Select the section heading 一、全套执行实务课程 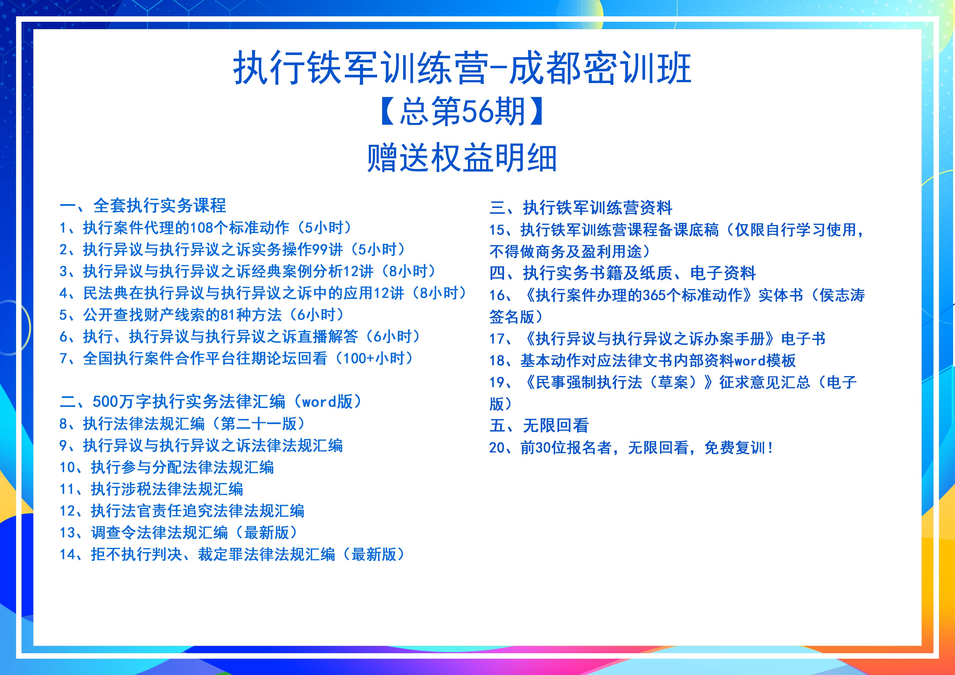143,205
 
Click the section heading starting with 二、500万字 211,402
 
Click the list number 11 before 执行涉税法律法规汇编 68,489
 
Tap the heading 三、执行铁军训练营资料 581,207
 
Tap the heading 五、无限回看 539,425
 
